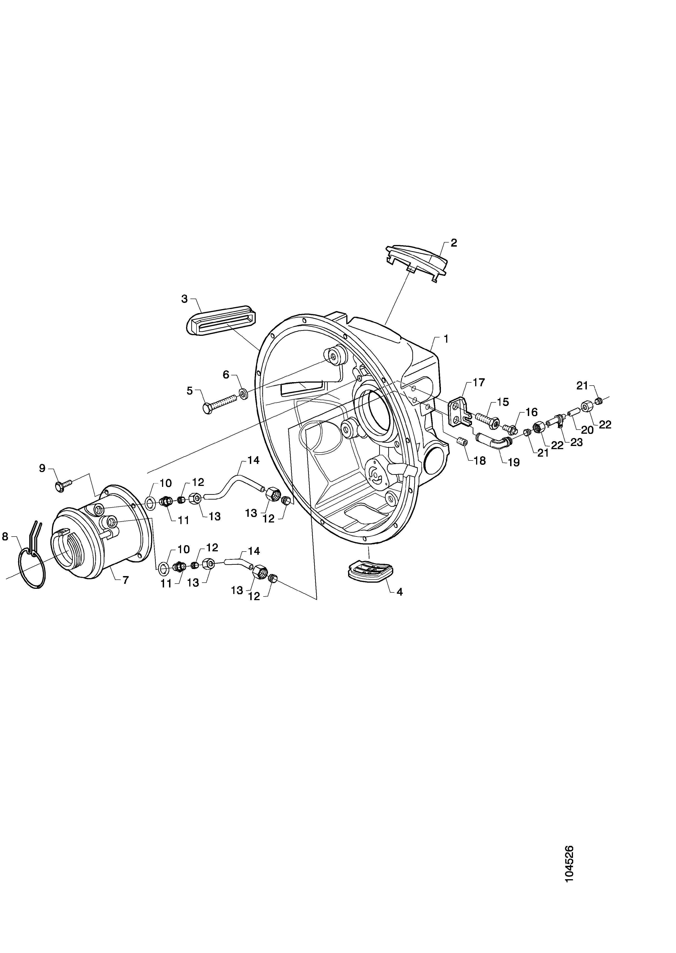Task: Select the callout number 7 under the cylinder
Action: tap(126, 579)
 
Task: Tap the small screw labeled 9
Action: tap(63, 485)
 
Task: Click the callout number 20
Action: tap(587, 430)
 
